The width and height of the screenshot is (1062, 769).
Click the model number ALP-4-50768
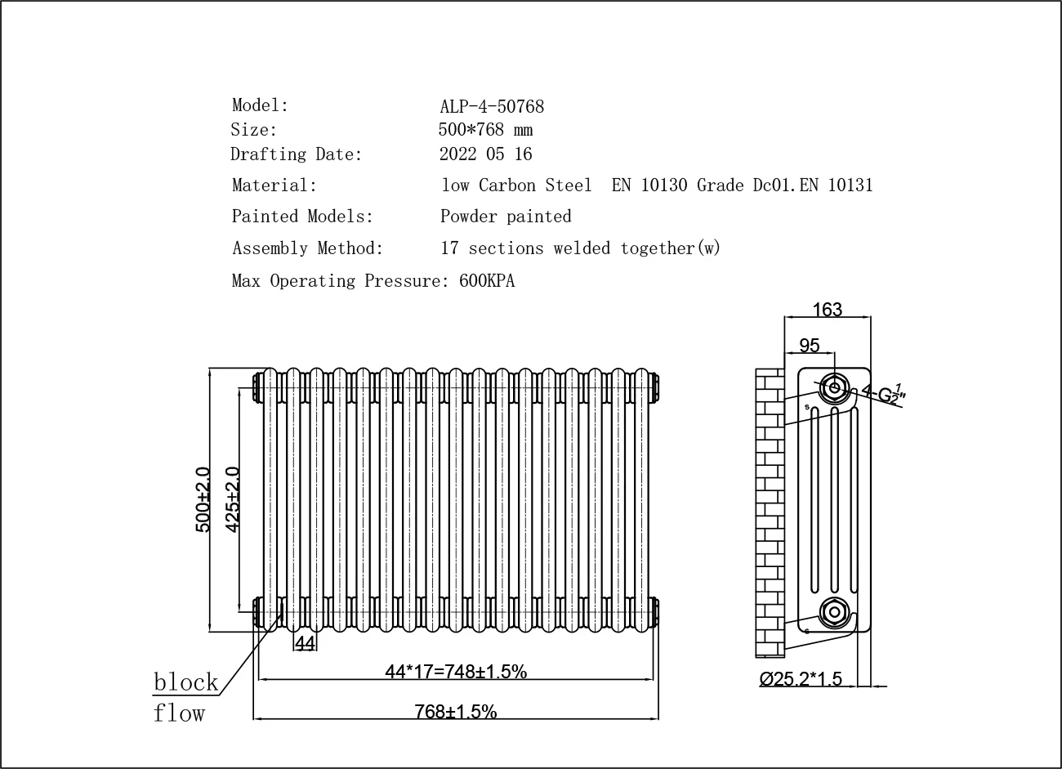point(491,106)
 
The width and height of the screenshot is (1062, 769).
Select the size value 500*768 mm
point(486,130)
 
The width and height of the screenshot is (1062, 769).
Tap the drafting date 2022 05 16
point(485,154)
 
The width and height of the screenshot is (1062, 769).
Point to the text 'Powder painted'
point(506,217)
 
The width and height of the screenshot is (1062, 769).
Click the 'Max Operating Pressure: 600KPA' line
point(373,281)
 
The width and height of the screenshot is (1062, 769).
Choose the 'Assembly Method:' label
point(307,248)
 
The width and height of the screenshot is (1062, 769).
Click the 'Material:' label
point(274,186)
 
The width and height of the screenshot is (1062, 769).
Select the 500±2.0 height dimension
point(203,500)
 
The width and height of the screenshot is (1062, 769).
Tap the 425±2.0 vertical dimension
point(232,500)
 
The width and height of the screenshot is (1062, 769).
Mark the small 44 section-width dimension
point(305,644)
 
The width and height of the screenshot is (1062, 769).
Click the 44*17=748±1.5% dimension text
point(455,672)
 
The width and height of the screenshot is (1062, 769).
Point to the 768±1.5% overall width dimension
point(455,712)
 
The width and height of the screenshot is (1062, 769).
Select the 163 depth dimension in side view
point(827,310)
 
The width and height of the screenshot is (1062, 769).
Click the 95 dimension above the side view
point(809,346)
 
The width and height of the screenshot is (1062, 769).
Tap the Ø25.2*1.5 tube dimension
point(800,679)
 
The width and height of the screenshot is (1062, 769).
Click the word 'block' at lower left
point(186,682)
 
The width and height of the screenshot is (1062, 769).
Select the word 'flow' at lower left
point(179,713)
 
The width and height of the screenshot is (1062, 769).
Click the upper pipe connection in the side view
point(833,388)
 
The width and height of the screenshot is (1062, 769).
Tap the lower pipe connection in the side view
point(833,611)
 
